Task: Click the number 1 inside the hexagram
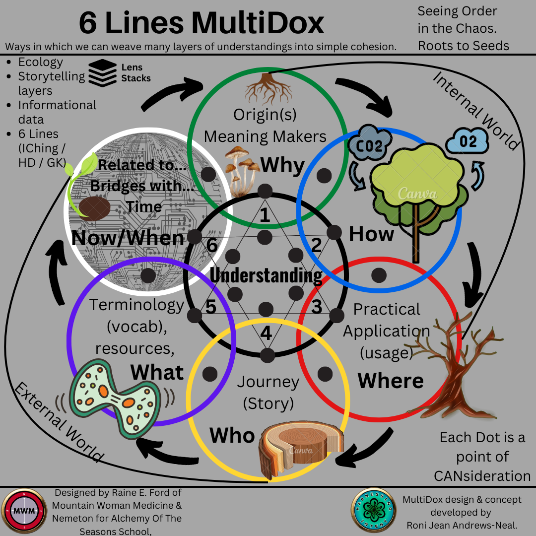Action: [265, 215]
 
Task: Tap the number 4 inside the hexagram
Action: [266, 333]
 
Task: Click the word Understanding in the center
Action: [266, 275]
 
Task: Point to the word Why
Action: [282, 165]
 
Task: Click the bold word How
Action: [371, 234]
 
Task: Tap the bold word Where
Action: [391, 381]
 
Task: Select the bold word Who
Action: [232, 435]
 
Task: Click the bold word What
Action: [157, 372]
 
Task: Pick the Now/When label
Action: [128, 238]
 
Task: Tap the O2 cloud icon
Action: [468, 141]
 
